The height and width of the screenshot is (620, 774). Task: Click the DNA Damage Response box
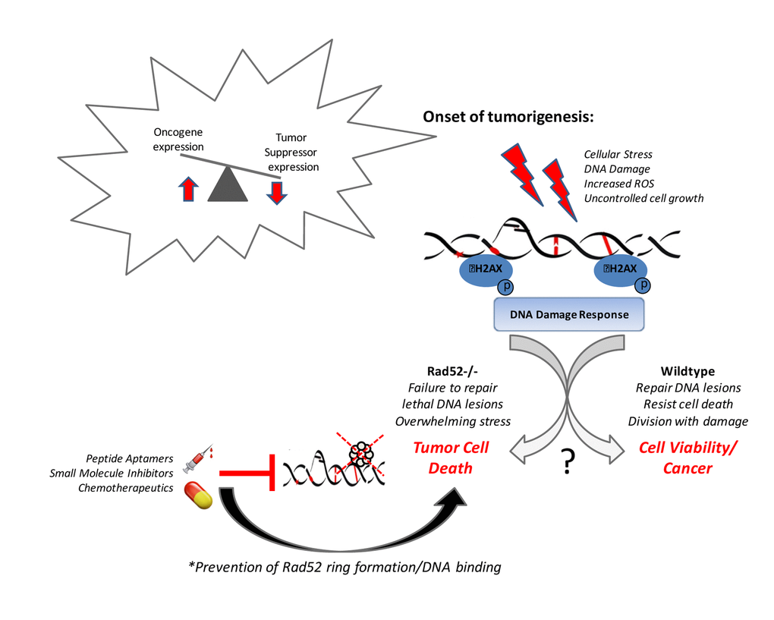[568, 314]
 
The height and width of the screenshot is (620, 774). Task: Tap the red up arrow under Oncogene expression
[188, 187]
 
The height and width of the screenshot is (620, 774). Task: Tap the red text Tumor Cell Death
[451, 458]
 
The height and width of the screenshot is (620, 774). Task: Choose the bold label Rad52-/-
[452, 372]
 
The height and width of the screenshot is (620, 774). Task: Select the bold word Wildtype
[687, 372]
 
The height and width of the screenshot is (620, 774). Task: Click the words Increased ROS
[618, 184]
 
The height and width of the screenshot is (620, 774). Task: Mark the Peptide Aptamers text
[131, 459]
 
